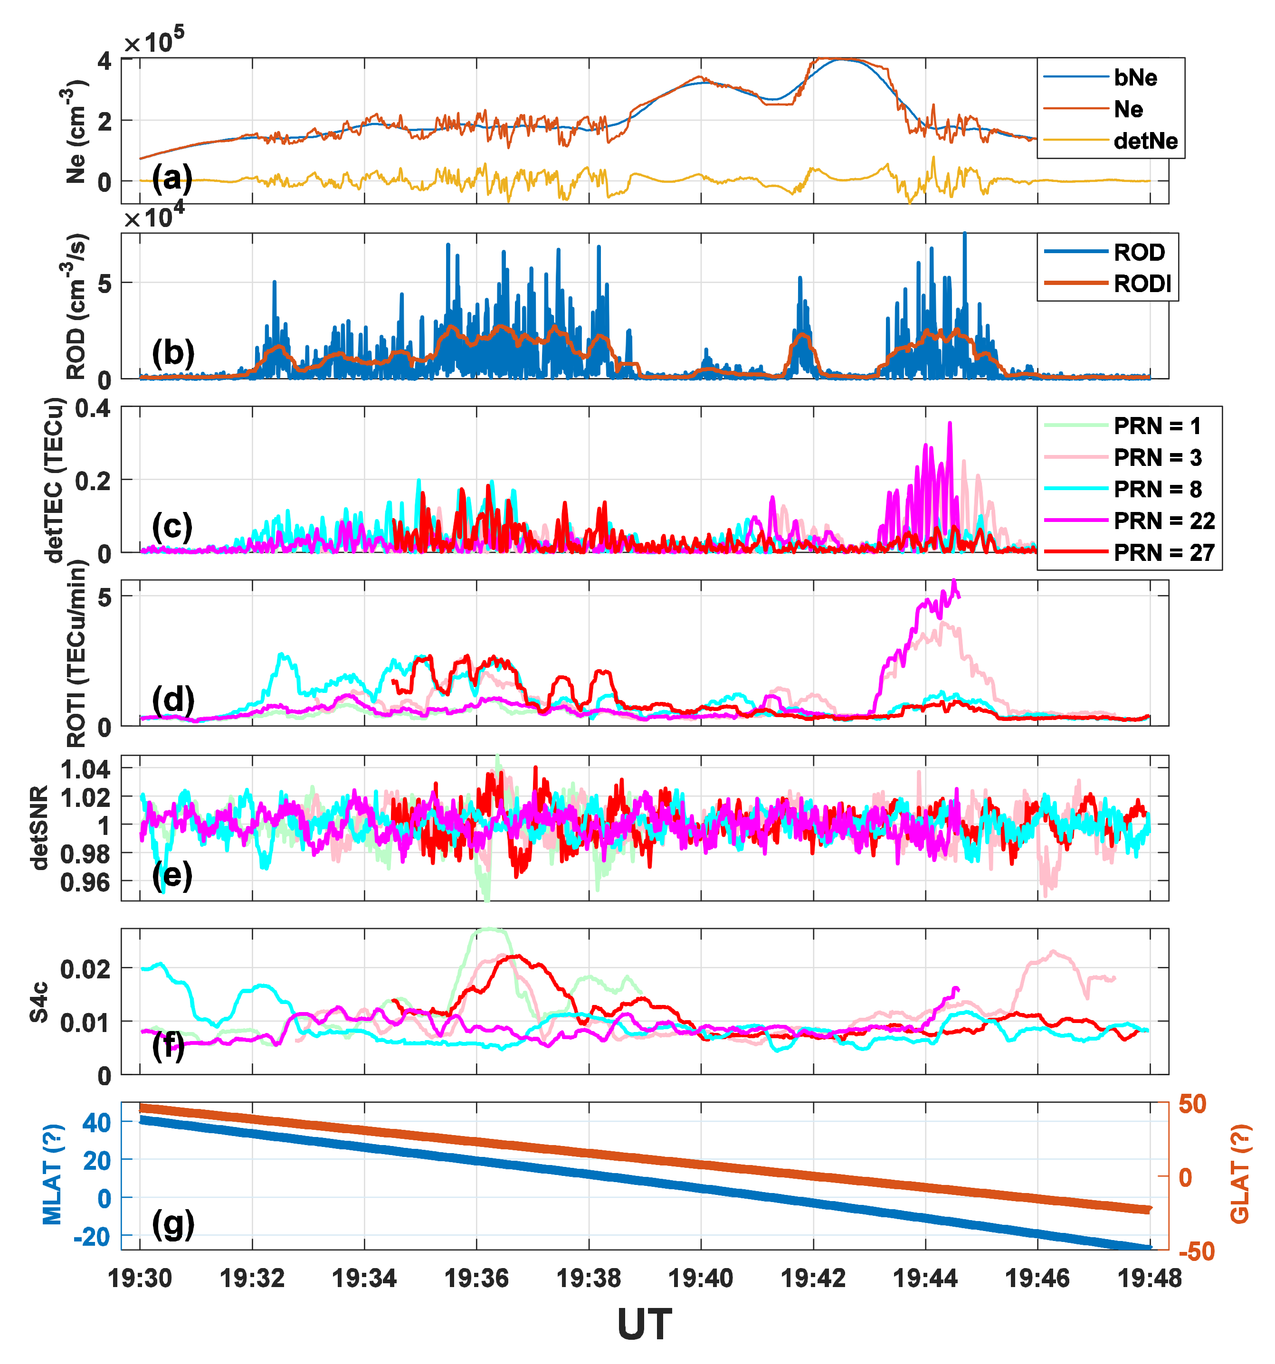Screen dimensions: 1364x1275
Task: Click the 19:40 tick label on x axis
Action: [701, 1278]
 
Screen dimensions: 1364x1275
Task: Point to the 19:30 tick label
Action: [140, 1278]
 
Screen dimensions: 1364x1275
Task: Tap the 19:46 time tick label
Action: [1037, 1278]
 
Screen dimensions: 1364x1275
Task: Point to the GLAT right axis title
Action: [1239, 1174]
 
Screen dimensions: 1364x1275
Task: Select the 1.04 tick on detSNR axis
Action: [86, 769]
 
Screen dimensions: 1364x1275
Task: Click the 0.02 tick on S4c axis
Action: [86, 969]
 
